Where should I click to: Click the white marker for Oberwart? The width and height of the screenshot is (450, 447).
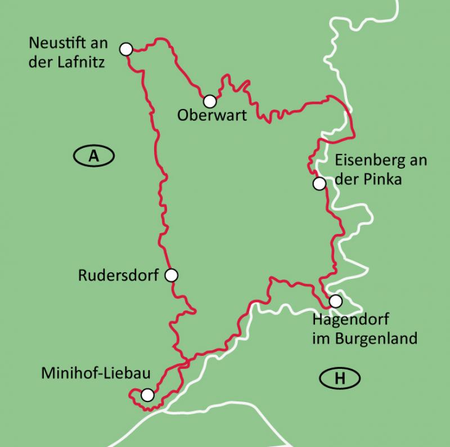tap(210, 101)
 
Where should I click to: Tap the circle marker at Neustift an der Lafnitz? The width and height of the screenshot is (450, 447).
tap(126, 49)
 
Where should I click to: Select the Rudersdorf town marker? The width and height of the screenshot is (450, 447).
tap(172, 275)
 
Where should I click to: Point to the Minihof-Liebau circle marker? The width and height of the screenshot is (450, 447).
tap(147, 395)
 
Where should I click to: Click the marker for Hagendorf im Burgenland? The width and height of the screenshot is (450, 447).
tap(335, 301)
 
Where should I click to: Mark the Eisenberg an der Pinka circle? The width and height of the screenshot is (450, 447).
tap(319, 183)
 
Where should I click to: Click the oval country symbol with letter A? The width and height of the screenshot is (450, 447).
tap(94, 156)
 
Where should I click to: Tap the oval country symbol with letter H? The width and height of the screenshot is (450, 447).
tap(340, 378)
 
